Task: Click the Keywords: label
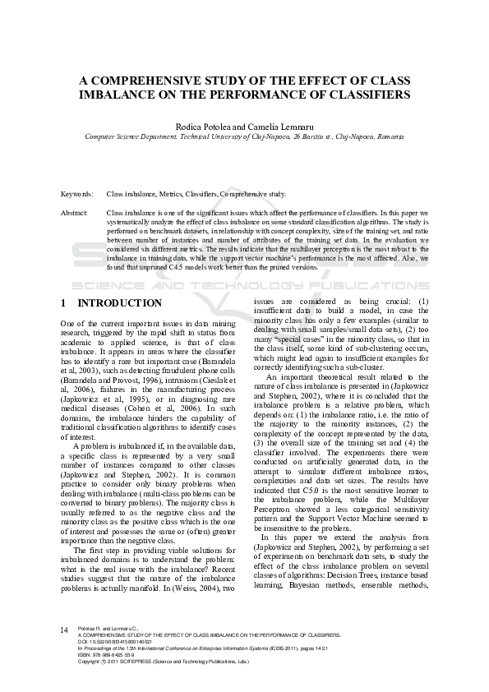[x=77, y=194]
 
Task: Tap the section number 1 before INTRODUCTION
[x=64, y=303]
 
